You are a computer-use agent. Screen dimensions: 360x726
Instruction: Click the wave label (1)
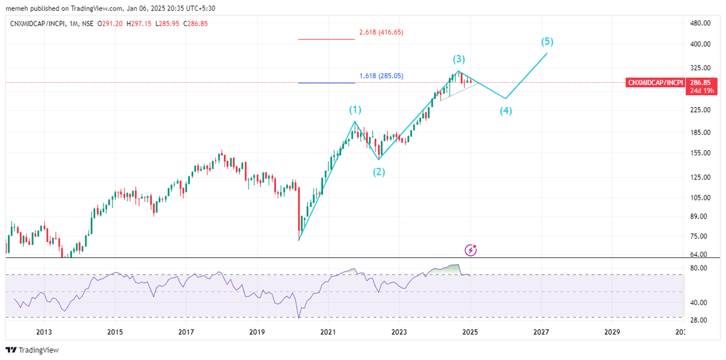click(x=355, y=110)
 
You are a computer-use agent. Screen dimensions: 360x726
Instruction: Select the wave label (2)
click(x=379, y=172)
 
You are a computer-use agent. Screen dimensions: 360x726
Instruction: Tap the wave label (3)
click(x=459, y=59)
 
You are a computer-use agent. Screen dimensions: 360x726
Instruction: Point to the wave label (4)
click(x=506, y=111)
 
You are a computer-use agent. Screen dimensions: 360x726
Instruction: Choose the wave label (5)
click(x=547, y=42)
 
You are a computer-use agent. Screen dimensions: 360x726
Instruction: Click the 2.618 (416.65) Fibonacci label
click(x=381, y=32)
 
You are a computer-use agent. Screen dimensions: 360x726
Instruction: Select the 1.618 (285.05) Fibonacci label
click(x=381, y=76)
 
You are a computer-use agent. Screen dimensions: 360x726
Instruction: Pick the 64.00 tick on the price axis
click(x=699, y=255)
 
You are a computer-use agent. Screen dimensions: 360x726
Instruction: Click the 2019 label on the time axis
click(x=257, y=332)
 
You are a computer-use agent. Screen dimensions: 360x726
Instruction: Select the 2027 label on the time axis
click(x=541, y=332)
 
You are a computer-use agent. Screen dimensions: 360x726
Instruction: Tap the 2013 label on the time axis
click(x=44, y=332)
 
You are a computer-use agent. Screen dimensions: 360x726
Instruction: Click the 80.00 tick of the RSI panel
click(x=699, y=268)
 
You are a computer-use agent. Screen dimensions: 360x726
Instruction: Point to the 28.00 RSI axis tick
click(x=699, y=320)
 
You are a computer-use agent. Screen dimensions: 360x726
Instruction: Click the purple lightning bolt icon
click(x=471, y=250)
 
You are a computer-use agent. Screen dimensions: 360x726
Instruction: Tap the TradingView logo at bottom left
click(x=31, y=350)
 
